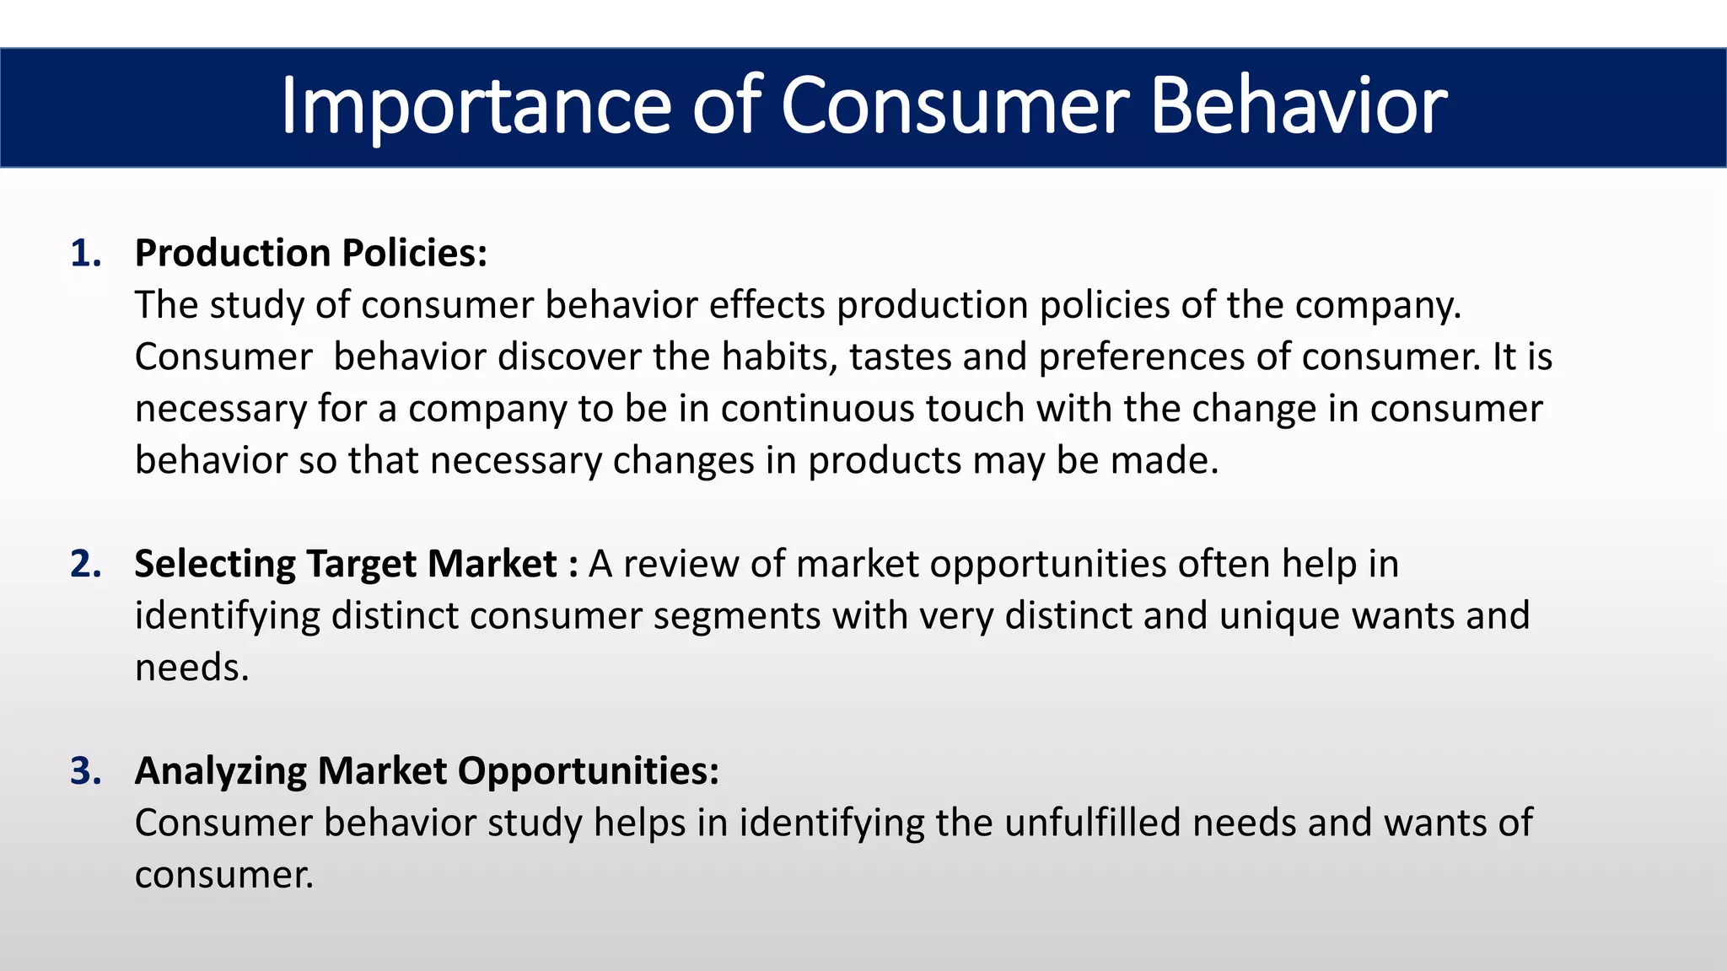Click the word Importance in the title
point(476,107)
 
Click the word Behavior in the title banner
point(1299,107)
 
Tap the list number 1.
point(85,254)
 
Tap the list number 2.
point(85,564)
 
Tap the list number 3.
point(85,771)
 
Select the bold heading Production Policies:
point(311,254)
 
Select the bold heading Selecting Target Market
point(345,564)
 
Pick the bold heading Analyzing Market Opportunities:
point(427,771)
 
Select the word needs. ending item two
point(192,668)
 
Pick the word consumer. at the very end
point(224,875)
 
